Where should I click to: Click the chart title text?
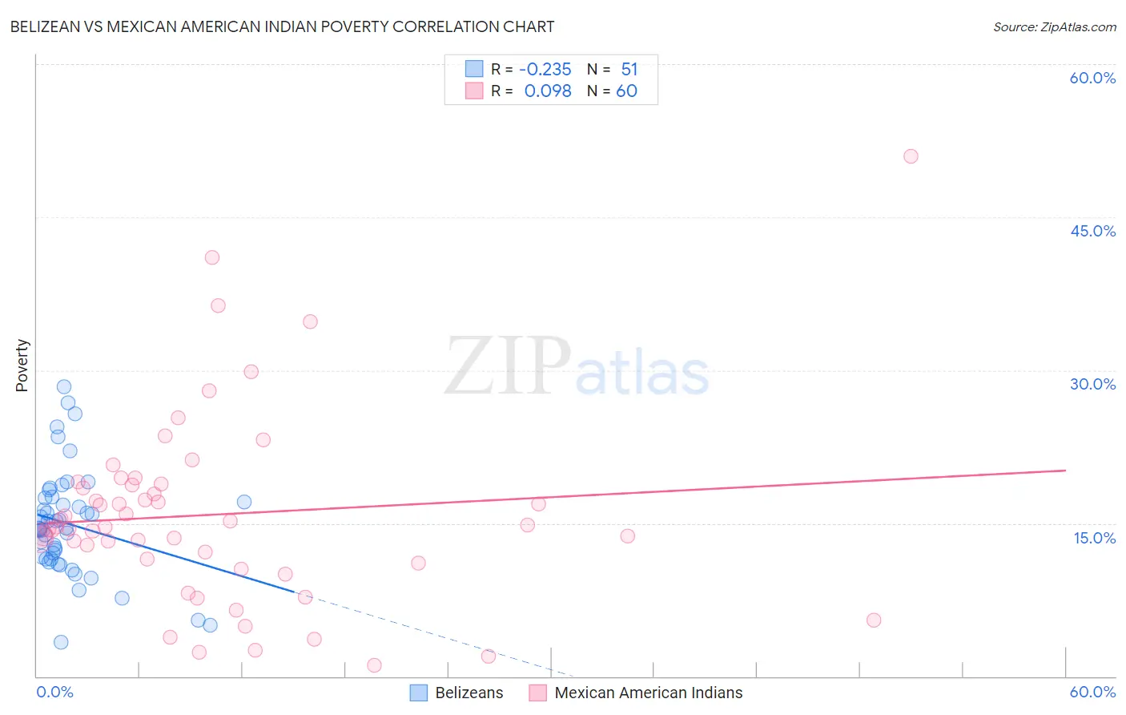click(282, 26)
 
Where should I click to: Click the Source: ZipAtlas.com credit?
click(1054, 26)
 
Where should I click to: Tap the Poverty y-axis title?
click(22, 366)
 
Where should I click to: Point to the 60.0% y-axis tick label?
click(1092, 78)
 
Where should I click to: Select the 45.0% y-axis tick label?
click(1092, 231)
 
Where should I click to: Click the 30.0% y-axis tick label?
click(1092, 384)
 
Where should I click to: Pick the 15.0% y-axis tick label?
click(1094, 537)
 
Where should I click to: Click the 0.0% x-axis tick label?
click(54, 692)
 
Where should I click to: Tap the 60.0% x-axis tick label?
click(1092, 692)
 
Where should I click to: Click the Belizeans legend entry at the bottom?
click(468, 693)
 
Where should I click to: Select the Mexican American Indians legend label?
click(648, 693)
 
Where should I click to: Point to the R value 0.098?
click(548, 91)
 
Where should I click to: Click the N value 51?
click(629, 70)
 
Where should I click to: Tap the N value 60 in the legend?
click(626, 91)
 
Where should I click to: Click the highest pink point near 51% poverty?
click(911, 156)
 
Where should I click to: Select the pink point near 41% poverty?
click(212, 257)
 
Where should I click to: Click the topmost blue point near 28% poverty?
click(64, 386)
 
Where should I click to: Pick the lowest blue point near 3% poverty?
click(61, 642)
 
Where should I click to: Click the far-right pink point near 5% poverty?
click(874, 620)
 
